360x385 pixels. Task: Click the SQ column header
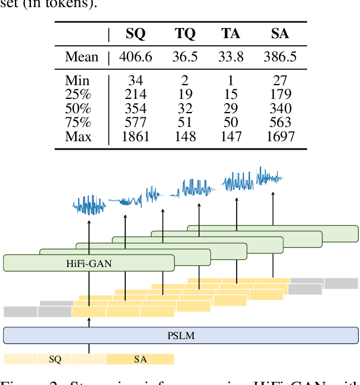[135, 34]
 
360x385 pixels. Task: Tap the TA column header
[230, 34]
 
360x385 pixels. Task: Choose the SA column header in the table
[280, 34]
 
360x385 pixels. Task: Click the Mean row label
[82, 57]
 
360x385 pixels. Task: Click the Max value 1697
[280, 137]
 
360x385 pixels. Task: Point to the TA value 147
[230, 137]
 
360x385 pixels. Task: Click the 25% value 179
[280, 94]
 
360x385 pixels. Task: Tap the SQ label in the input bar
[55, 359]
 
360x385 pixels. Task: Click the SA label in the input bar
[140, 359]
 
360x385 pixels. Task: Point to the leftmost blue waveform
[89, 205]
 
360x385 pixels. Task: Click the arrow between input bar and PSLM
[89, 349]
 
